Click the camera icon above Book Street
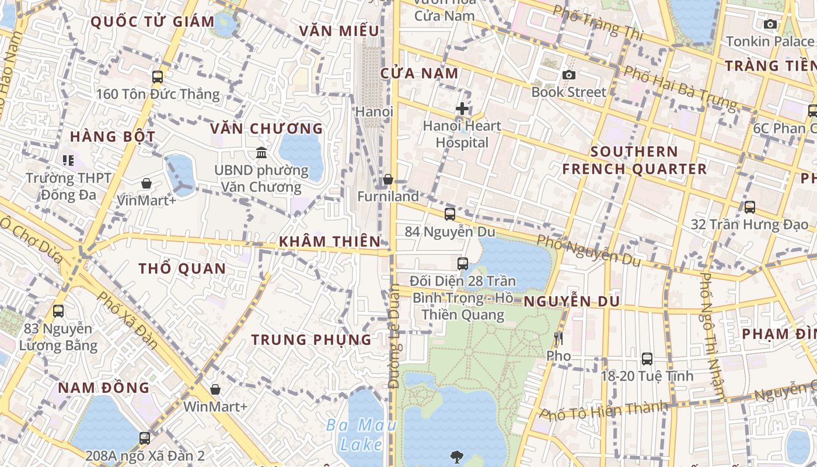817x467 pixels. tap(568, 75)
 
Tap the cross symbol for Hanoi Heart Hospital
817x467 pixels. tap(462, 109)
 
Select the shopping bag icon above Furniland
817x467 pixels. tap(388, 179)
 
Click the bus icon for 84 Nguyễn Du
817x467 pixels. tap(449, 214)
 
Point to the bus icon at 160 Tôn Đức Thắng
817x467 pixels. tap(157, 76)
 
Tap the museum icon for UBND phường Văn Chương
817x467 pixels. tap(261, 153)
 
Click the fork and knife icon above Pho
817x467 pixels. tap(558, 339)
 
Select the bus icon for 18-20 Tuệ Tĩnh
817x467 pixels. tap(647, 358)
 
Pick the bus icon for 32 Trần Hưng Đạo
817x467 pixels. tap(749, 207)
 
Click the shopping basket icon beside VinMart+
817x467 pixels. tap(146, 183)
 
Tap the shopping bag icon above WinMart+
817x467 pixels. tap(215, 389)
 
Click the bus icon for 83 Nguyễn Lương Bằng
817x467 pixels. tap(58, 311)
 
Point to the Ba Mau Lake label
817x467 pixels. tap(361, 434)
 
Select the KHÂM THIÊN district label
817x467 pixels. tap(330, 241)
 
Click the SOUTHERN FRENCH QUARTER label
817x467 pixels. tap(634, 161)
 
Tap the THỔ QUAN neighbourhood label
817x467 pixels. tap(182, 269)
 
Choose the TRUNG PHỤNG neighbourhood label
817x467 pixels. tap(311, 339)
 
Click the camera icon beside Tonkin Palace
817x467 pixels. tap(770, 25)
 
